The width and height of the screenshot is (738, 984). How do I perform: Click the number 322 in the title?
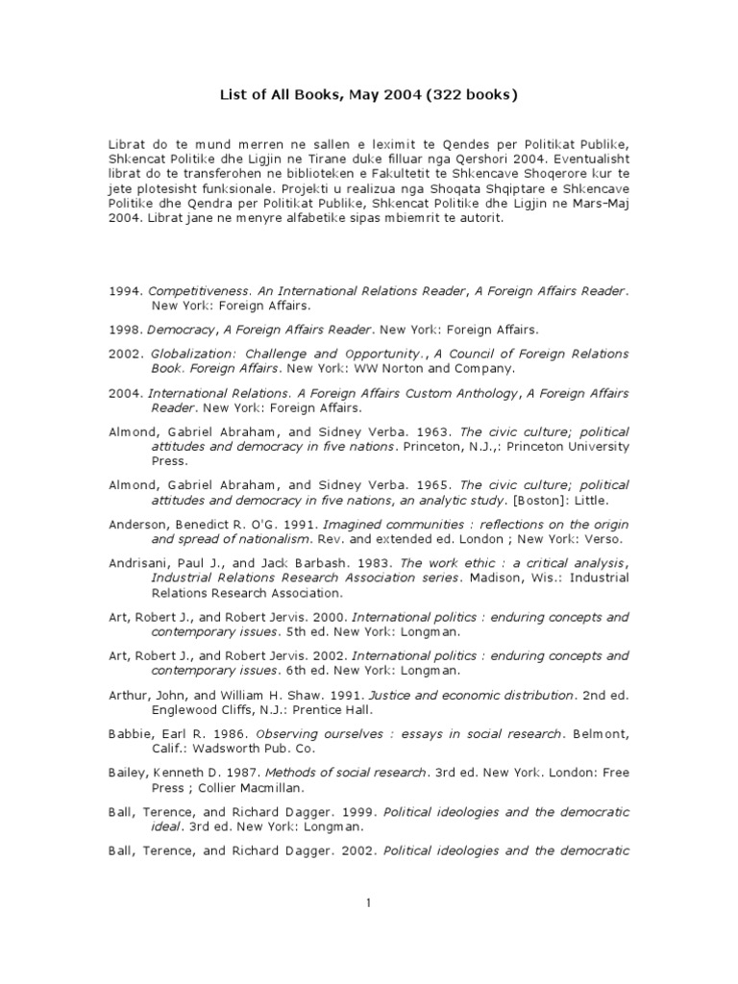(449, 94)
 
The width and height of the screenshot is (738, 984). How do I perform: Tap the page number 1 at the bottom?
(369, 902)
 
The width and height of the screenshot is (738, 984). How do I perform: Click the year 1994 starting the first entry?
(124, 290)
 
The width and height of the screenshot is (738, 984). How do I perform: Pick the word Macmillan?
(278, 787)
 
